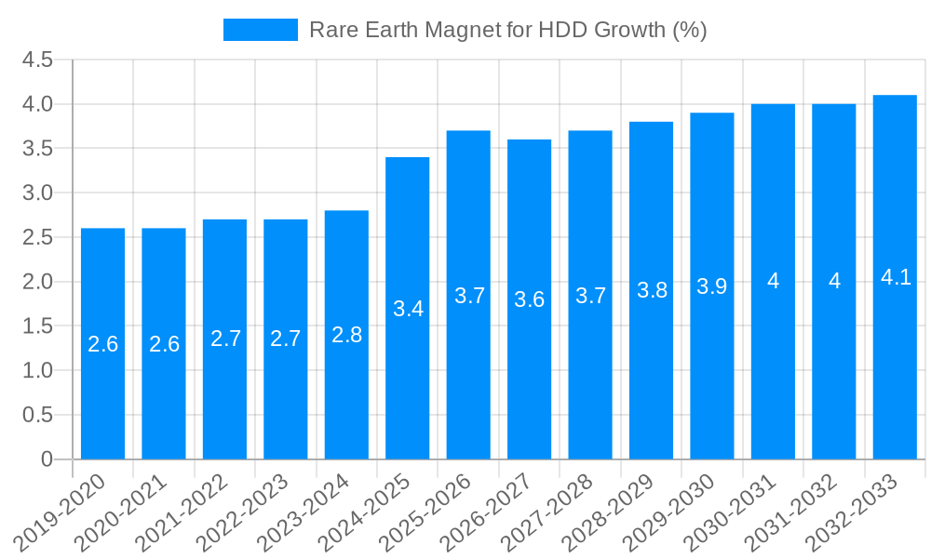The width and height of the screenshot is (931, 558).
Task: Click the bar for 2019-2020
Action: click(x=102, y=344)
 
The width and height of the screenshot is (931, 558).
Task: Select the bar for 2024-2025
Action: click(x=408, y=309)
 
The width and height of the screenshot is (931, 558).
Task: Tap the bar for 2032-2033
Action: click(x=895, y=277)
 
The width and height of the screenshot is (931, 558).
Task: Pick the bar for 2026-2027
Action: click(x=530, y=299)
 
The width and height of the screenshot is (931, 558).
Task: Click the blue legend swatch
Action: click(x=260, y=30)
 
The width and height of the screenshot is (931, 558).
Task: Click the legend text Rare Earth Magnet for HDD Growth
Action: click(x=508, y=30)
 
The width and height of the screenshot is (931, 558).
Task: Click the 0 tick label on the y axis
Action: click(x=47, y=459)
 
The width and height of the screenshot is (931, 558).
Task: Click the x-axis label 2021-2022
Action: click(x=187, y=513)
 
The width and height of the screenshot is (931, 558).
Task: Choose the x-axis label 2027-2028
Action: click(x=553, y=513)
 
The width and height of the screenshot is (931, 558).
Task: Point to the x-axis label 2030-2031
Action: click(x=735, y=513)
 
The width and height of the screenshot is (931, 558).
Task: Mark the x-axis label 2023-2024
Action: click(x=309, y=513)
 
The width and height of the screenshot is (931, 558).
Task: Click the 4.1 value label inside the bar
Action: click(x=896, y=277)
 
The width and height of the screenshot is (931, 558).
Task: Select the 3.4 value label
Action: click(x=408, y=310)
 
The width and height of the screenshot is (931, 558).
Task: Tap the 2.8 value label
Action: click(x=346, y=336)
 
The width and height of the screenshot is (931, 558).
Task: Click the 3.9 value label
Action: click(x=712, y=286)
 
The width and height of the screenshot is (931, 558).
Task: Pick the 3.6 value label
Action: click(x=530, y=300)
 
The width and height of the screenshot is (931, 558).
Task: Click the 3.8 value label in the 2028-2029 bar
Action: click(x=652, y=290)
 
